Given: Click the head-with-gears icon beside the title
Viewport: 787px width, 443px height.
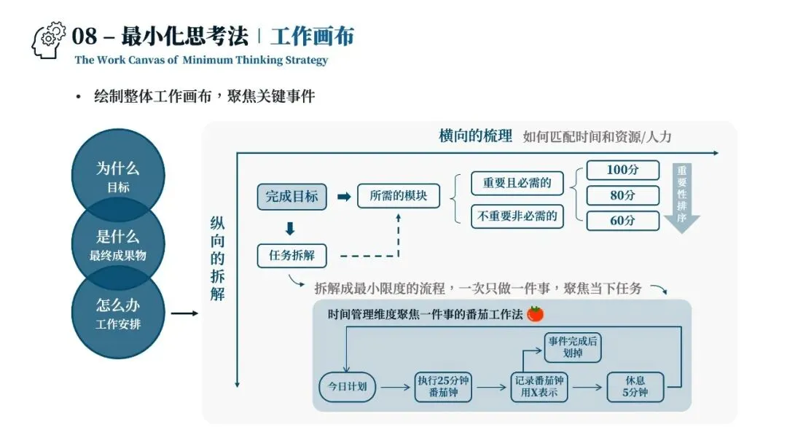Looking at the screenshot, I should click(x=49, y=40).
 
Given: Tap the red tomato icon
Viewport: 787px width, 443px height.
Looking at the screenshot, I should click(x=536, y=314).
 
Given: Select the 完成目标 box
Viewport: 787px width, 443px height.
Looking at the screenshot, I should click(x=291, y=197).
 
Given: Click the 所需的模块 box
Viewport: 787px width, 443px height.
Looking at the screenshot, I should click(x=399, y=197).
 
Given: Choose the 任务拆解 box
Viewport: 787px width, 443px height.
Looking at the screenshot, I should click(x=291, y=256).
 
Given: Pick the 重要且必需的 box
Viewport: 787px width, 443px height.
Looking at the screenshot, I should click(x=517, y=184).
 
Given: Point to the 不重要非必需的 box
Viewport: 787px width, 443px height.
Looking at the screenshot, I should click(x=517, y=216).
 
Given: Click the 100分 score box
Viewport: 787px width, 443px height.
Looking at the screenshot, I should click(x=622, y=170).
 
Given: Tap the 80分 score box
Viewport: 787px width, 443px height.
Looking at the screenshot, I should click(x=622, y=195).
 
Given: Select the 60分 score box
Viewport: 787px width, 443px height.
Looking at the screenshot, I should click(x=622, y=220).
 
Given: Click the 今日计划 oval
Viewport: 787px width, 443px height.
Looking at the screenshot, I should click(x=348, y=387).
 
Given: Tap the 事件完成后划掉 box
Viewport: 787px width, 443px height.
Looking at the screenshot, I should click(x=573, y=347).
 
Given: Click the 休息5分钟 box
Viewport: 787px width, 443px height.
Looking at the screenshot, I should click(x=635, y=387).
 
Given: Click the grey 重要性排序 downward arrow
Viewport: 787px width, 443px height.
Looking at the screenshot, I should click(x=681, y=197).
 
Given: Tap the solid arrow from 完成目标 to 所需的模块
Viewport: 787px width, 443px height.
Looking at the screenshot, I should click(x=344, y=197).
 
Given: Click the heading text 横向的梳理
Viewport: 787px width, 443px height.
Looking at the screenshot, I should click(x=475, y=136).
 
